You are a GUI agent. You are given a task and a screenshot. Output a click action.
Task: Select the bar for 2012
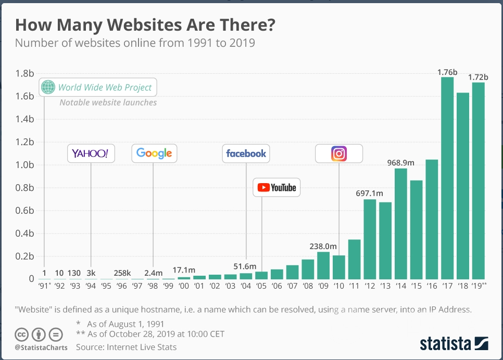[x=370, y=239]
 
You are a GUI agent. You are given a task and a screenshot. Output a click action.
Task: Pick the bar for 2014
[x=401, y=223]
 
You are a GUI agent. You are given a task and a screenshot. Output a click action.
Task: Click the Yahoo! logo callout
[x=91, y=153]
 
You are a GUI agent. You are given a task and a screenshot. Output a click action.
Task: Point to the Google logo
[x=154, y=153]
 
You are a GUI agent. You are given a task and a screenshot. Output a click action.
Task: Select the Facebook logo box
[x=246, y=153]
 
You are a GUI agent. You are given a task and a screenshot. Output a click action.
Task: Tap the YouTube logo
[x=276, y=187]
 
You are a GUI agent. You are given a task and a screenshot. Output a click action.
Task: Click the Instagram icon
[x=339, y=153]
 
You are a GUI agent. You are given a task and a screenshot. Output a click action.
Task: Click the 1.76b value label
[x=447, y=73]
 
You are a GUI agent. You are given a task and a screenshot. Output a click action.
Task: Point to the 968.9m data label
[x=400, y=163]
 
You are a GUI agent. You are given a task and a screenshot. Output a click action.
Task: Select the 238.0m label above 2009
[x=323, y=246]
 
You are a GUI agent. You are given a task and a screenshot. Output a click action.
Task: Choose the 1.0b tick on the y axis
[x=25, y=165]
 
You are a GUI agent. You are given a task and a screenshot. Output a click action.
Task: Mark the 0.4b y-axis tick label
[x=25, y=234]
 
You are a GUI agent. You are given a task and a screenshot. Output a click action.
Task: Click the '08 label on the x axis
[x=308, y=286]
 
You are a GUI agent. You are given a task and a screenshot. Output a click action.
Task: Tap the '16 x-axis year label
[x=432, y=286]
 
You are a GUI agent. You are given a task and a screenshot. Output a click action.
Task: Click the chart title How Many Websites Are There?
[x=145, y=25]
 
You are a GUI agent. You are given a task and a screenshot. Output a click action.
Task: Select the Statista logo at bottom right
[x=454, y=343]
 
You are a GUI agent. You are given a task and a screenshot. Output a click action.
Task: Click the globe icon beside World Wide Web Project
[x=48, y=87]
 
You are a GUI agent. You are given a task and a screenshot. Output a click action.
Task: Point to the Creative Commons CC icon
[x=21, y=335]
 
